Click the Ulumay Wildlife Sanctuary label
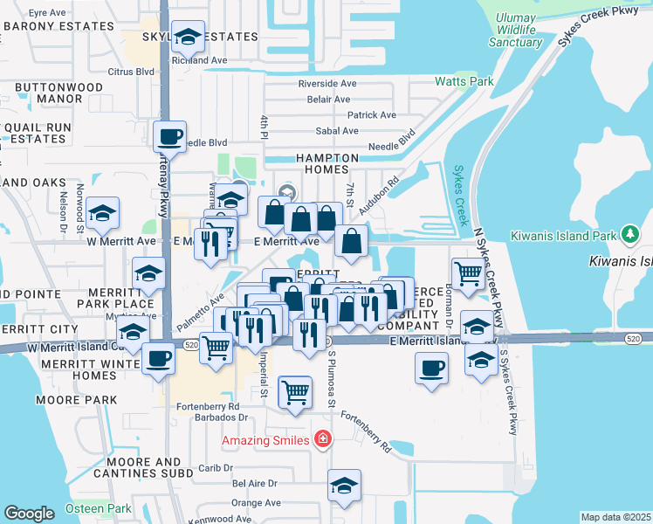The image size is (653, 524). pos(516,30)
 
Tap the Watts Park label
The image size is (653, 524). pos(464,82)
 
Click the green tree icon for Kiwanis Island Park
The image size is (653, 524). pos(629,234)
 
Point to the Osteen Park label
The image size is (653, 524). pos(98,508)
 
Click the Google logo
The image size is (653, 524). pos(29,514)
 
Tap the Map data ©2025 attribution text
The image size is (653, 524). pos(615,517)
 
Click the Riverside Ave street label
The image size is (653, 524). pos(327,84)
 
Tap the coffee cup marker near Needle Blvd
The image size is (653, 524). pos(169,137)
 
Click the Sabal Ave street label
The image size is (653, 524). pos(337,131)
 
